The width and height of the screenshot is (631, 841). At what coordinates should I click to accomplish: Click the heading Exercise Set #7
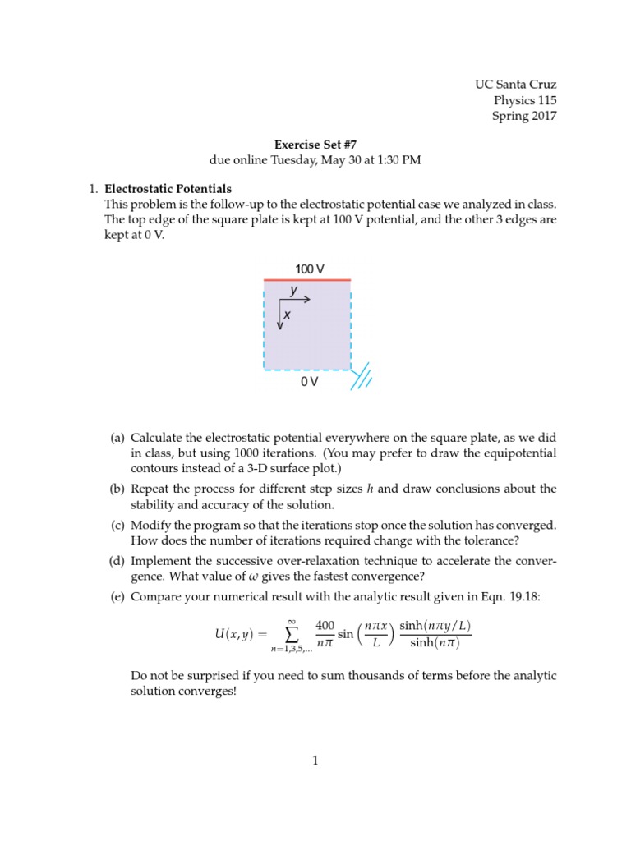click(315, 144)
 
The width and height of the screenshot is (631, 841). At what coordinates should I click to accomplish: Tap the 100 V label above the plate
click(309, 269)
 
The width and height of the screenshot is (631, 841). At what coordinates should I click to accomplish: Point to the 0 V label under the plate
click(309, 383)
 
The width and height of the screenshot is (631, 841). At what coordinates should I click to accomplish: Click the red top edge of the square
click(307, 281)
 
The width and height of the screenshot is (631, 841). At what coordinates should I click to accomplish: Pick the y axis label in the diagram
click(293, 290)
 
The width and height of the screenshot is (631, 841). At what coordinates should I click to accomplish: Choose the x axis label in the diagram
click(287, 315)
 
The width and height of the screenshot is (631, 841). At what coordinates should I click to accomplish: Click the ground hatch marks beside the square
click(362, 379)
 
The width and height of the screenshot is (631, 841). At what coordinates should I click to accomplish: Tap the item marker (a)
click(117, 438)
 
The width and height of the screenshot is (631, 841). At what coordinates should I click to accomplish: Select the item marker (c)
click(117, 524)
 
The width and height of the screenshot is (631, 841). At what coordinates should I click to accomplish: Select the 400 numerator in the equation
click(325, 626)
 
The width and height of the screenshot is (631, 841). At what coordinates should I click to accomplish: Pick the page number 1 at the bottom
click(315, 761)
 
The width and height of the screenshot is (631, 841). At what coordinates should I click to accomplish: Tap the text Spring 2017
click(524, 116)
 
